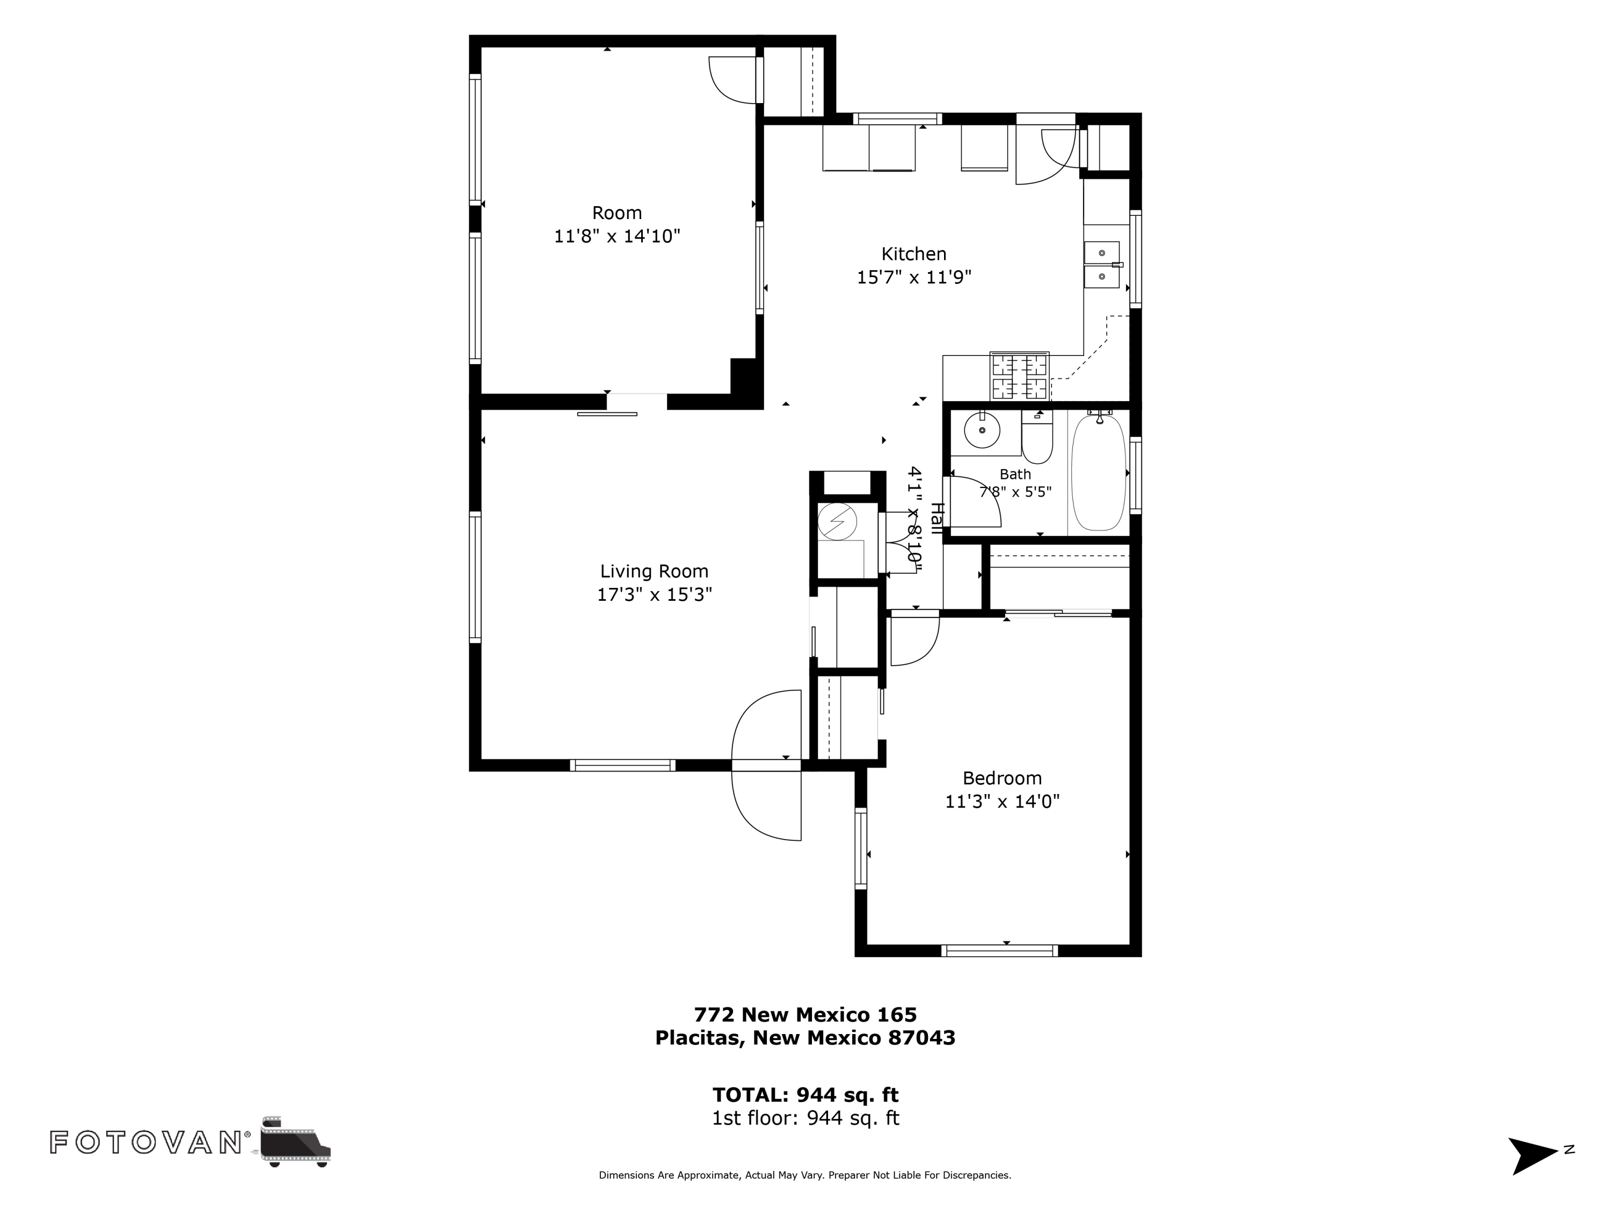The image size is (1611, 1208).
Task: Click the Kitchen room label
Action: [913, 254]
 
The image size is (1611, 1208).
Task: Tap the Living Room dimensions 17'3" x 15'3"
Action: [654, 595]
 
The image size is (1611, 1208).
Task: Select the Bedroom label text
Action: [1002, 778]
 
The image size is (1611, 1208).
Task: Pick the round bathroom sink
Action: [983, 431]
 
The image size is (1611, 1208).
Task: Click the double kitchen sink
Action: [1101, 265]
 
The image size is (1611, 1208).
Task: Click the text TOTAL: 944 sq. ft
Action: [805, 1095]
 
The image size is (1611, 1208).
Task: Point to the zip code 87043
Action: [921, 1038]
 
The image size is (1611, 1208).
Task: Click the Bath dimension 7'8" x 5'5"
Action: [1015, 491]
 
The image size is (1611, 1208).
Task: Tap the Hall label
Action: [937, 519]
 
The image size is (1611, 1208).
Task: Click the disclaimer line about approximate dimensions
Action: [805, 1196]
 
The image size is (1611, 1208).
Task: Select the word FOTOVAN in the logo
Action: [146, 1142]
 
